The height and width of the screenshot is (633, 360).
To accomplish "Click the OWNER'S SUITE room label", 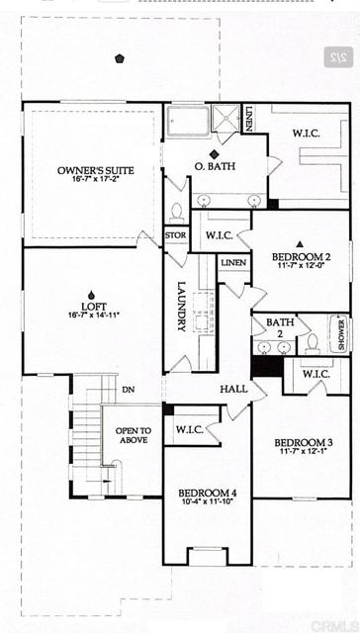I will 96,171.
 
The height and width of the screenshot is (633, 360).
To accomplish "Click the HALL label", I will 233,390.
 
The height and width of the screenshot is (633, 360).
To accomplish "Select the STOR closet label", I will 176,235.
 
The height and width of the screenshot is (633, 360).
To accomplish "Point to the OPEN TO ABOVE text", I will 132,435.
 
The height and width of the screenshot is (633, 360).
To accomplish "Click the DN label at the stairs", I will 128,390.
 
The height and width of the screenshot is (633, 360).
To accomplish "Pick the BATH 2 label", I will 281,327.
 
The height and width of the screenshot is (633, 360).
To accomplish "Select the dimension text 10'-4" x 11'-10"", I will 209,502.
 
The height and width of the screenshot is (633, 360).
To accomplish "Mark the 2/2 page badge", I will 336,58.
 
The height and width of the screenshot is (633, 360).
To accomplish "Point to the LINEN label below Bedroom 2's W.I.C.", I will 234,263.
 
